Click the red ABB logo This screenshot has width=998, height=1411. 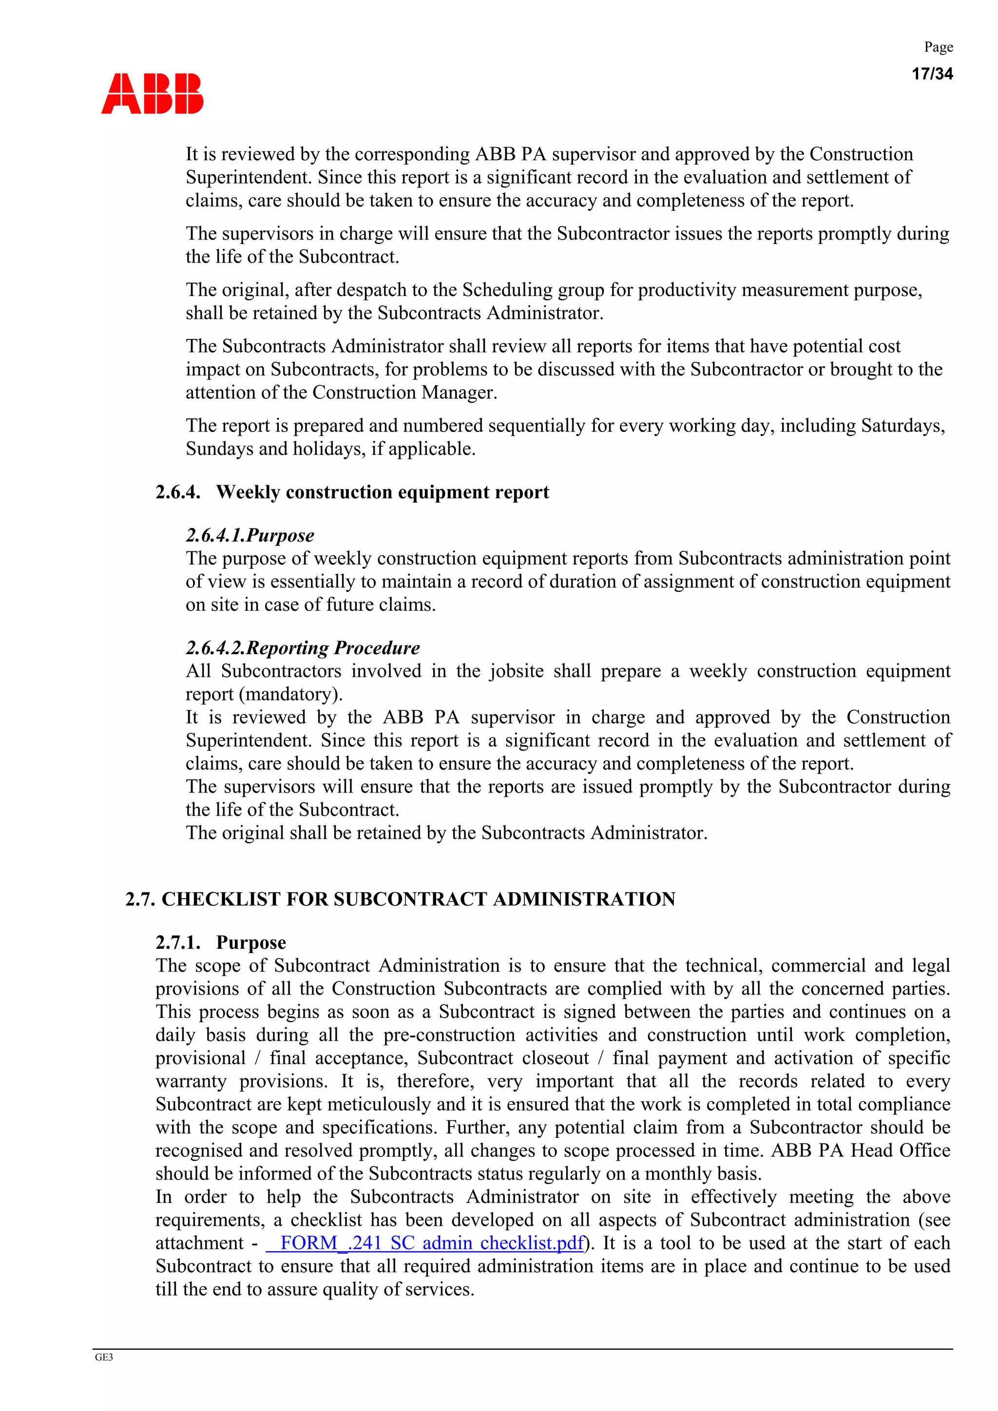click(152, 94)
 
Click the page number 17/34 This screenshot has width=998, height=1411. click(932, 74)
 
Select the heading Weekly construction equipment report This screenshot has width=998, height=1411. click(382, 492)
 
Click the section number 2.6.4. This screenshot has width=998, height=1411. click(178, 492)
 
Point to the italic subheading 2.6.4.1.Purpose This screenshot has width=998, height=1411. click(249, 535)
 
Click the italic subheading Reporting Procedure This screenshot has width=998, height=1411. click(333, 648)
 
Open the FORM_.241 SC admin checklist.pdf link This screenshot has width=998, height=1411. click(424, 1242)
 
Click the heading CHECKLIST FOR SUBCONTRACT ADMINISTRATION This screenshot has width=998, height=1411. click(418, 899)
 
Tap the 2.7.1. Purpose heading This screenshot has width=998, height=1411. click(220, 942)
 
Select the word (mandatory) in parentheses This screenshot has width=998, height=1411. click(290, 694)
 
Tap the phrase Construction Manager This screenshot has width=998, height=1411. click(404, 392)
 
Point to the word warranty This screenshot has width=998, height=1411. click(191, 1081)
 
